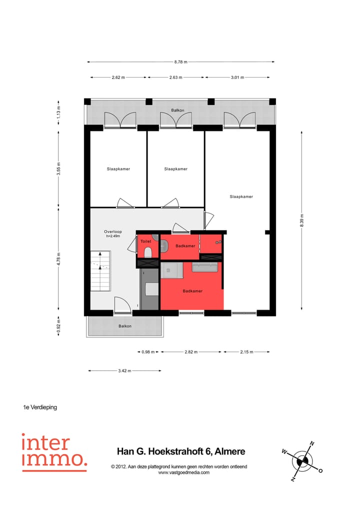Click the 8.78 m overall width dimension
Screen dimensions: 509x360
tap(180, 62)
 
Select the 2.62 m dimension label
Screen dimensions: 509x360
tap(118, 77)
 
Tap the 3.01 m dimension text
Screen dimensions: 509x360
tap(237, 77)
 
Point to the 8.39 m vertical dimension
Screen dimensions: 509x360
tap(302, 219)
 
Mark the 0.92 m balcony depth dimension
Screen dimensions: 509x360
tap(58, 326)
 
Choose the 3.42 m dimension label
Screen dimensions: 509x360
tap(124, 371)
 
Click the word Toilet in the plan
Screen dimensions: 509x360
tap(145, 241)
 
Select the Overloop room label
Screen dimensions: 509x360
tap(112, 231)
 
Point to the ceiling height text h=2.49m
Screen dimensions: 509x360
tap(113, 236)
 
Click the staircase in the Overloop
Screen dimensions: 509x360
tap(100, 271)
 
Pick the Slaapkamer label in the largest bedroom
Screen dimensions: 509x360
tap(241, 196)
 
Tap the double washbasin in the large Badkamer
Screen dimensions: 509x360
tap(205, 268)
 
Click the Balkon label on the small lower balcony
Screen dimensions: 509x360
tap(125, 326)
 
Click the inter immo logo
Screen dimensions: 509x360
tap(54, 452)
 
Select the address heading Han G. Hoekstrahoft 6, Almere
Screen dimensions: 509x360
tap(180, 451)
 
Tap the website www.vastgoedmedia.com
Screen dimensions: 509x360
tap(183, 472)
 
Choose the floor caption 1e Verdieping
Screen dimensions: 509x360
tap(40, 407)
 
